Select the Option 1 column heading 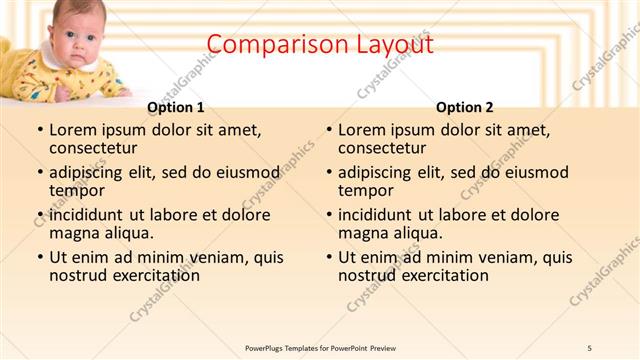176,107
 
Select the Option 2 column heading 465,107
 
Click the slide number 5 590,347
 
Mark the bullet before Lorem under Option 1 40,130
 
